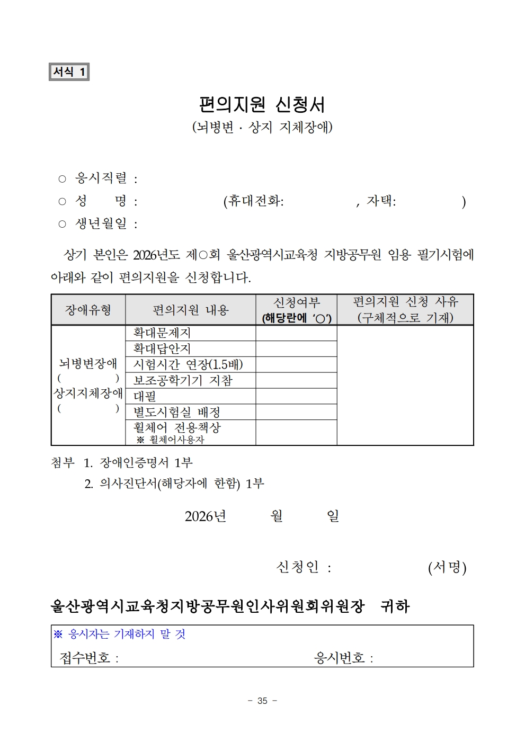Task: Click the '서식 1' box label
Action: [69, 71]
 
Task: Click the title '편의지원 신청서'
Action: [262, 104]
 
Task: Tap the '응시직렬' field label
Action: [101, 178]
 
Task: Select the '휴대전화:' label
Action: [253, 201]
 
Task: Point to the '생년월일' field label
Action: [101, 224]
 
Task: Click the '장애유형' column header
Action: [88, 310]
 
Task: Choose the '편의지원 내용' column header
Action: [190, 310]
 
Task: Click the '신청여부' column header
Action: [296, 303]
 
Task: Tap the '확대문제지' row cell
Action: [162, 333]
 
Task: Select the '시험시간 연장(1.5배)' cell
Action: [188, 364]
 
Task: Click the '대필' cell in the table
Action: [145, 396]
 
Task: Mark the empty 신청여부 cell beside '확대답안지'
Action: [296, 349]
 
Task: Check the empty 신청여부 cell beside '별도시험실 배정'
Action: [296, 412]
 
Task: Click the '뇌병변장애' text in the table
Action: [88, 363]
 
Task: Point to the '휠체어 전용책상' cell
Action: [177, 427]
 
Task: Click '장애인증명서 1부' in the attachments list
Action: [146, 462]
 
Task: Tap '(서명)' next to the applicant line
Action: [447, 567]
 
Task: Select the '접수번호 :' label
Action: [88, 658]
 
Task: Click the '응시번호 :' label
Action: [343, 658]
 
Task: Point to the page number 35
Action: [262, 701]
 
